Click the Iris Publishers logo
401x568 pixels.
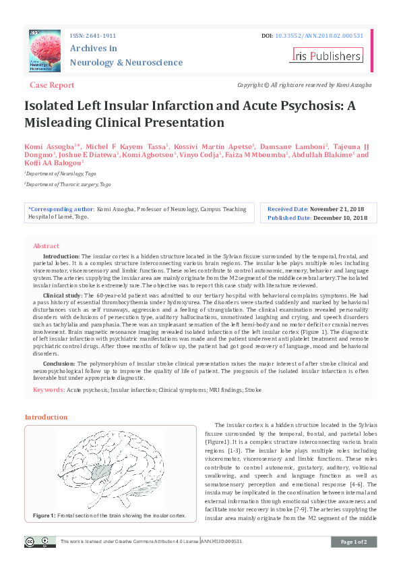coord(327,55)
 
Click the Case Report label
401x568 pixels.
coord(52,86)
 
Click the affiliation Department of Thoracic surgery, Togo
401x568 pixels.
coord(68,184)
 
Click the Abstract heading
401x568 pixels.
coord(46,246)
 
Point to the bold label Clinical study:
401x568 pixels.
coord(63,296)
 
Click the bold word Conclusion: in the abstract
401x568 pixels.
coord(59,364)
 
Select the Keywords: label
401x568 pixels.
coord(49,390)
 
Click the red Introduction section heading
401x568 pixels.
coord(46,418)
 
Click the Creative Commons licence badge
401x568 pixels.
coord(40,542)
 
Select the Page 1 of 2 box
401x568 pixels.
coord(353,542)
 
